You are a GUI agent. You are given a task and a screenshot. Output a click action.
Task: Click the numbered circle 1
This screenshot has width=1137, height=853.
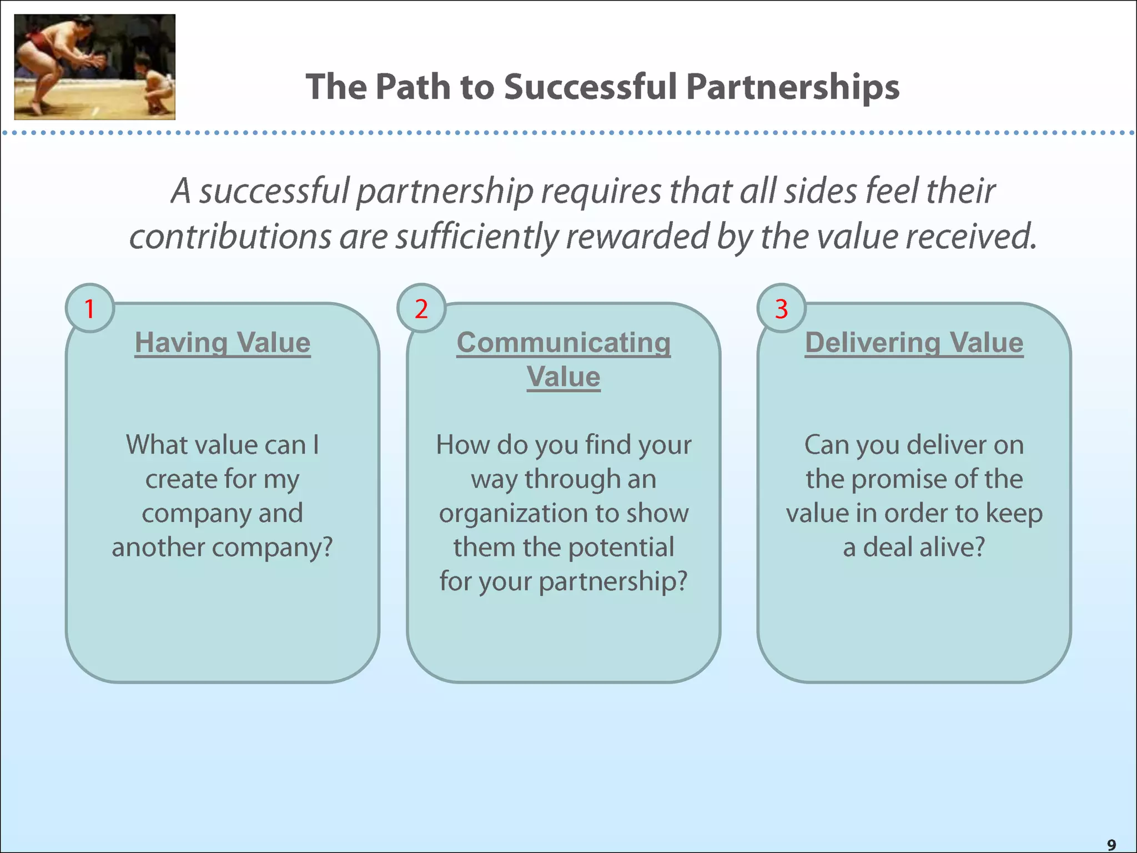point(89,308)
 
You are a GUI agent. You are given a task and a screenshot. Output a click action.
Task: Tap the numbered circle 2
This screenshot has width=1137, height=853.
point(421,308)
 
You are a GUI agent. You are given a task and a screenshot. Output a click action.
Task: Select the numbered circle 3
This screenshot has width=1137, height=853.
point(781,308)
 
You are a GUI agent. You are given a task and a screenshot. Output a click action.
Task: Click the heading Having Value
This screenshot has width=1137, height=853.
point(223,342)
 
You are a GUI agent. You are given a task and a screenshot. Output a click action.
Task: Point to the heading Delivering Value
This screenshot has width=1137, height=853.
point(914,342)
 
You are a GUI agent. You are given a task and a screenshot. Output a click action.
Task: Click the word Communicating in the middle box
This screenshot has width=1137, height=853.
point(564,342)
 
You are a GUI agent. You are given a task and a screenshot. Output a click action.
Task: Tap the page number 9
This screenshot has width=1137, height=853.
point(1111,845)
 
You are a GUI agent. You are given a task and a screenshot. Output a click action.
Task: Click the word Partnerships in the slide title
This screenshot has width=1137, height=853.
point(792,87)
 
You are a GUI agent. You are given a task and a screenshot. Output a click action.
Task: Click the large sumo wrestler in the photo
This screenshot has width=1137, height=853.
point(50,56)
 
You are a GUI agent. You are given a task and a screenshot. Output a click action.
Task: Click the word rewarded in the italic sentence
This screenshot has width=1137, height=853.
point(637,237)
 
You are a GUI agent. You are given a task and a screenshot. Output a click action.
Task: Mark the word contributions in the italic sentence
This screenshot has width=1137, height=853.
point(230,237)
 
